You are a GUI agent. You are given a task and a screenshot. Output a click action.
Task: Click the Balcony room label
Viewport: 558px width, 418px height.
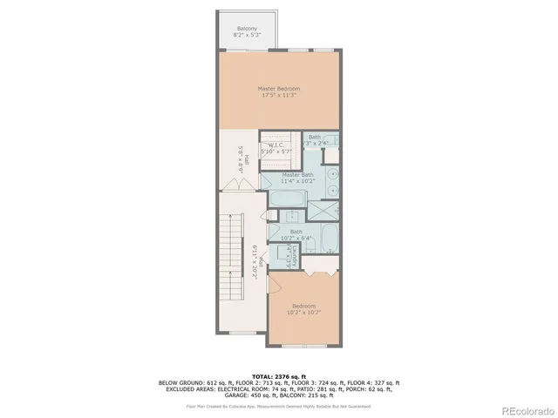tap(246, 30)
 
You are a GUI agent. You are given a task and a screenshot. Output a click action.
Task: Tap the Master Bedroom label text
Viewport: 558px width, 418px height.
tap(279, 89)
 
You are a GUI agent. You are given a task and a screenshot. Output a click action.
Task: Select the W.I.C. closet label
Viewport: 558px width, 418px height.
tap(279, 145)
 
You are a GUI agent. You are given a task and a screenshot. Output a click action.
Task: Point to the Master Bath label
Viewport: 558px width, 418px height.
tap(298, 175)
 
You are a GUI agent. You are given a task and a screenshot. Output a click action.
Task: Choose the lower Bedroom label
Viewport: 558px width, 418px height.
tap(303, 307)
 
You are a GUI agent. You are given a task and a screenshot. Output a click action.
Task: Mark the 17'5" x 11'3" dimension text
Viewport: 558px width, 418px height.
tap(279, 96)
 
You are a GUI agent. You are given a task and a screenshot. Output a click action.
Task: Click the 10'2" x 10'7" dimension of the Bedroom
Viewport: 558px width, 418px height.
tap(303, 313)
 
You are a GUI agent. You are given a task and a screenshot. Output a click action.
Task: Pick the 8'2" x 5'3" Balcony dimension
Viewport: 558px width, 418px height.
tap(246, 37)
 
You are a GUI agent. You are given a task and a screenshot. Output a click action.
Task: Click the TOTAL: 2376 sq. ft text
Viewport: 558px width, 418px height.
tap(279, 375)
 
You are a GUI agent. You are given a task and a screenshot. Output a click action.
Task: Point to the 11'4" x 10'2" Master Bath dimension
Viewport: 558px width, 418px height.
tap(298, 182)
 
